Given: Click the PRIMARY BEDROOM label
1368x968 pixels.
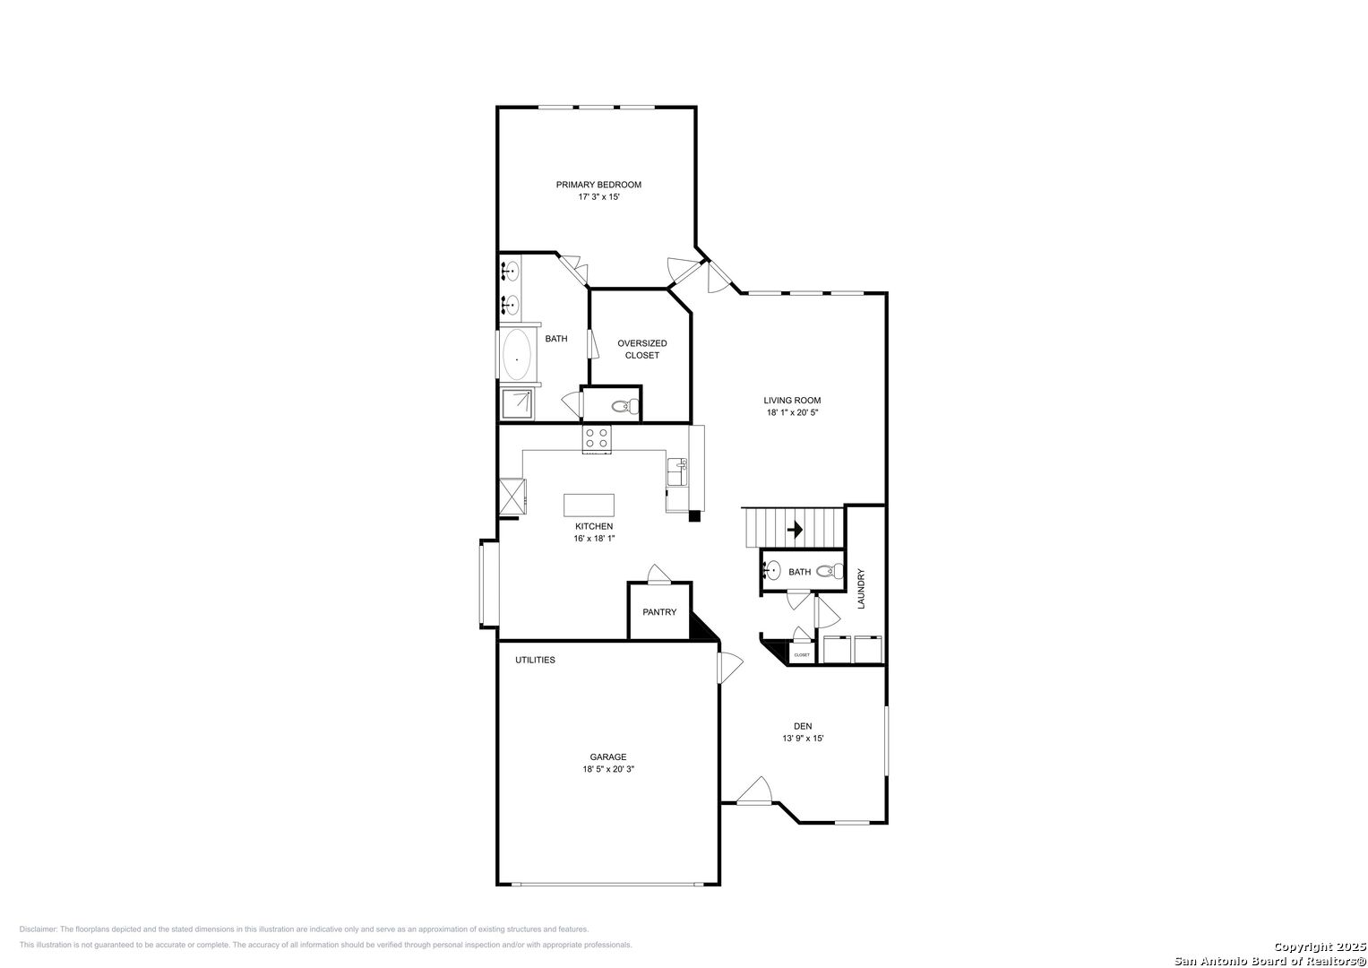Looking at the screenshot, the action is [598, 185].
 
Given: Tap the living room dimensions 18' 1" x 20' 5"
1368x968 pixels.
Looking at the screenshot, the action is [792, 412].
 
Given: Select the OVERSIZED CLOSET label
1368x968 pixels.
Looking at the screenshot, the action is [641, 350].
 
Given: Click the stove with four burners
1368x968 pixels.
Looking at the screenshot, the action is [597, 439].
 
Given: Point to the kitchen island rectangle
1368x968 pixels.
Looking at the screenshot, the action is [589, 506].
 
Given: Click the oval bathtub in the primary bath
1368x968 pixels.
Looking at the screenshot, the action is [517, 354].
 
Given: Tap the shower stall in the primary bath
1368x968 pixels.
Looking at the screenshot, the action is [517, 404].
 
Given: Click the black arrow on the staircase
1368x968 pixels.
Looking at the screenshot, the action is [795, 529].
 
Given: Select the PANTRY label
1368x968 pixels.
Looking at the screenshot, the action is [659, 611].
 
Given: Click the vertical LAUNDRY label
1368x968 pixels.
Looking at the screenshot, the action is [861, 589].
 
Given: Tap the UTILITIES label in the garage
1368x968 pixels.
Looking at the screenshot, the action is [535, 660].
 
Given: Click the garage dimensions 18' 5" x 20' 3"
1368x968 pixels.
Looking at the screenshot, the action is [608, 769].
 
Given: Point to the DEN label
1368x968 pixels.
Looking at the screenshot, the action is [803, 726].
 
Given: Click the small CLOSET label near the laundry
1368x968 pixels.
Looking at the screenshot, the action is [802, 655].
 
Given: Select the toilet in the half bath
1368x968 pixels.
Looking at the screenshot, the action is [830, 572].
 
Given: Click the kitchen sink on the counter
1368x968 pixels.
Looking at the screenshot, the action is [677, 471].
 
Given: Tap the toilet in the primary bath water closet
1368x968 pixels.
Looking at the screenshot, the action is [625, 406].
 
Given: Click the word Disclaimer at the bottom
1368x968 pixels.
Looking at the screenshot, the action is [39, 929].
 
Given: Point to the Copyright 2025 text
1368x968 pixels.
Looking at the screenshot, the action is [1319, 947].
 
